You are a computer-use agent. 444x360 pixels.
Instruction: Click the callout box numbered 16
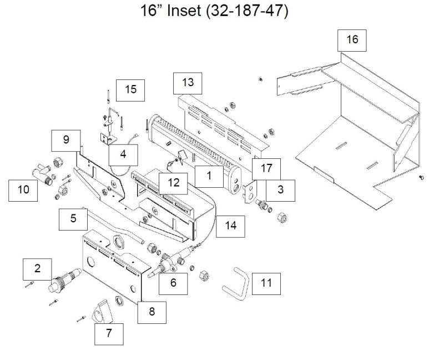[352, 39]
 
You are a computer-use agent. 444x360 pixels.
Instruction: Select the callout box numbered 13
[188, 82]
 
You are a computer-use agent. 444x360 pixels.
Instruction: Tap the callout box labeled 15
[130, 89]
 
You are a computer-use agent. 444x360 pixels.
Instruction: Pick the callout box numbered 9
[66, 139]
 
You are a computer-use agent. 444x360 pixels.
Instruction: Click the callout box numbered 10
[23, 189]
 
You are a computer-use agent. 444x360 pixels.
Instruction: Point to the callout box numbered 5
[73, 218]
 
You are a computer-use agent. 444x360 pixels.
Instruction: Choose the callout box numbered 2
[37, 269]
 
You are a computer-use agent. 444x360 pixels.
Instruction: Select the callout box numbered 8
[152, 312]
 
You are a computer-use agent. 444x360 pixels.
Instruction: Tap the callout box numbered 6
[173, 283]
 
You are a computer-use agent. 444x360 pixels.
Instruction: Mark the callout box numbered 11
[266, 283]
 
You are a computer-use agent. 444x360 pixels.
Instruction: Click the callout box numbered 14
[230, 224]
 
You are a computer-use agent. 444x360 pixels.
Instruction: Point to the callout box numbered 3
[280, 189]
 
